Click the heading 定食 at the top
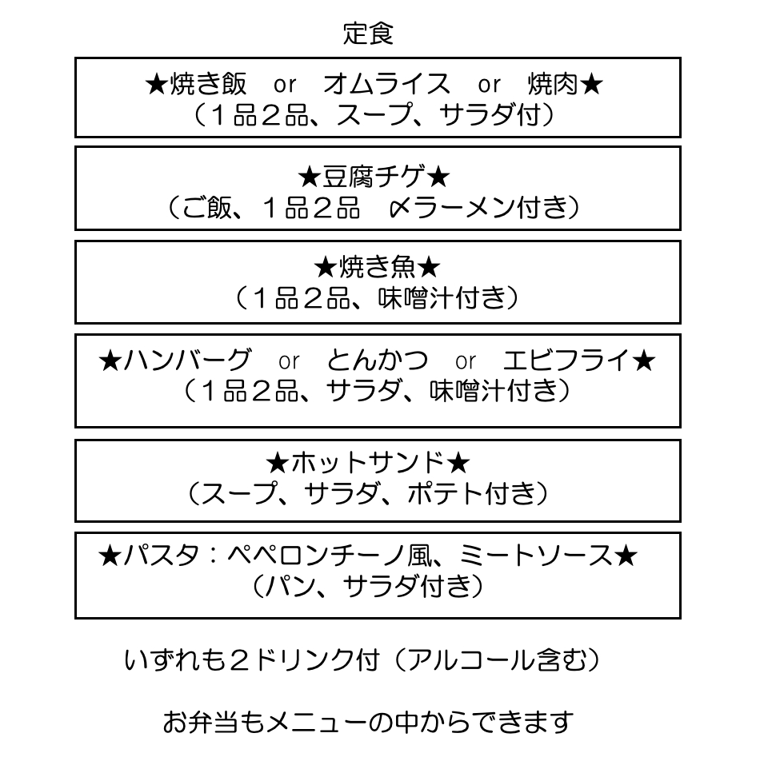[x=368, y=34]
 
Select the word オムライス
[x=386, y=84]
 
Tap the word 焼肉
[x=553, y=84]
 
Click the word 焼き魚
[x=377, y=267]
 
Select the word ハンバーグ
[x=187, y=361]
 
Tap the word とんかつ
[x=377, y=361]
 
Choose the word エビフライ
[x=566, y=361]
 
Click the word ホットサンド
[x=368, y=463]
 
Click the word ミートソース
[x=535, y=555]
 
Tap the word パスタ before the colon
[x=162, y=555]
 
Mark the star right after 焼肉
[x=591, y=84]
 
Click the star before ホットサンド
[x=278, y=463]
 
